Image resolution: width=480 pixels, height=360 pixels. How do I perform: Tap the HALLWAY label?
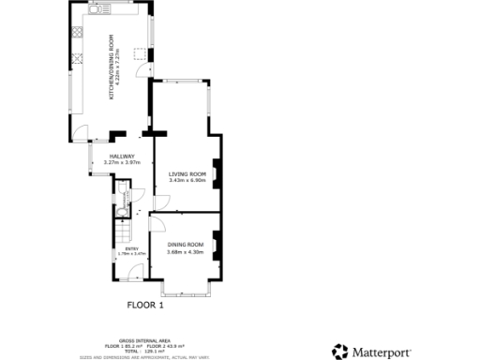click(x=122, y=156)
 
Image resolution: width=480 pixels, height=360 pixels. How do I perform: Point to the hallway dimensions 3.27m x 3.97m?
click(x=122, y=163)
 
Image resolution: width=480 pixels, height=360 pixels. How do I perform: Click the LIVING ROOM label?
click(x=187, y=173)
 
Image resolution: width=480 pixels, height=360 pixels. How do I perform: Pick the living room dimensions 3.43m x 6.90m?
click(x=187, y=180)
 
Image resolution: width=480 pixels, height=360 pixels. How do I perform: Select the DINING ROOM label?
click(x=185, y=244)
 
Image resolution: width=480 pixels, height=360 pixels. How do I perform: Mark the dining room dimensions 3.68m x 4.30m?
click(x=185, y=250)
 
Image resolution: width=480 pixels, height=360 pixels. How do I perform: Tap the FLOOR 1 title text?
click(x=145, y=305)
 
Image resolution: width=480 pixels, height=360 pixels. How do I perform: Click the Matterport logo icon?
click(x=339, y=352)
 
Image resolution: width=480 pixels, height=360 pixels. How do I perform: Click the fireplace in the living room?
click(x=217, y=174)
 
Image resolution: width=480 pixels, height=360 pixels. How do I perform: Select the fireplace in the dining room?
click(x=217, y=246)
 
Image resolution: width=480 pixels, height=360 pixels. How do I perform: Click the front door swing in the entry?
click(x=137, y=272)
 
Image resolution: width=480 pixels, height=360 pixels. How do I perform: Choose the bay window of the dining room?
click(x=185, y=286)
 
